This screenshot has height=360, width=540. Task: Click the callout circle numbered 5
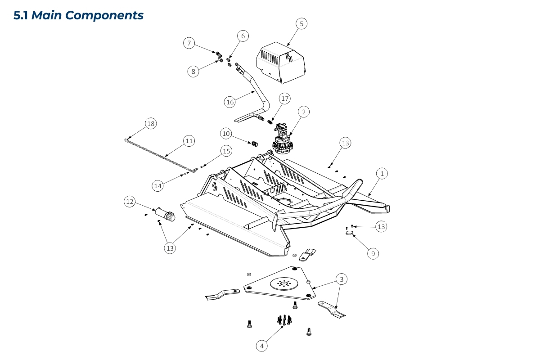point(301,23)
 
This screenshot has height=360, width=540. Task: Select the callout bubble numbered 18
point(151,124)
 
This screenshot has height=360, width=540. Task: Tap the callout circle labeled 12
point(130,202)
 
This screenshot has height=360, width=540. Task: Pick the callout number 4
point(262,346)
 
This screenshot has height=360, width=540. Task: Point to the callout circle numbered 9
point(373,253)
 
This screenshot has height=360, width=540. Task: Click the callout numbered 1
point(382,173)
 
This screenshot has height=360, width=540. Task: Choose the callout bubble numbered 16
point(230,102)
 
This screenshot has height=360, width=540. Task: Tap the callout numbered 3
point(342,279)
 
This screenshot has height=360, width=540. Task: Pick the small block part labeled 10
point(254,144)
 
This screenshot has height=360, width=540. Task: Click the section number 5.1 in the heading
point(21,15)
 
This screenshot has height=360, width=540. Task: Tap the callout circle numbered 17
point(284,98)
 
